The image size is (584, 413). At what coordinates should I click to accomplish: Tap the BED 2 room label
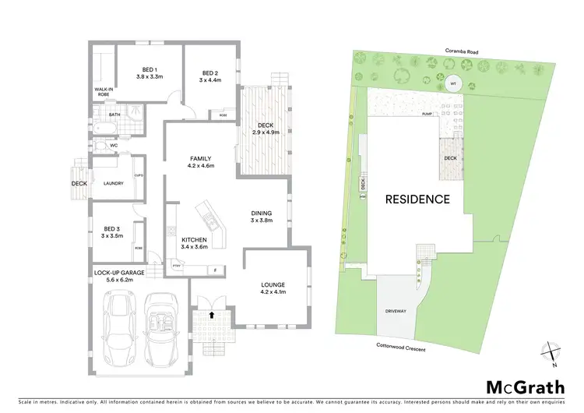[x=207, y=73]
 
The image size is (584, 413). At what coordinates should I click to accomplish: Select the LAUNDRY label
[x=114, y=183]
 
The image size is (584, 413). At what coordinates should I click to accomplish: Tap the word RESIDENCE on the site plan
[x=418, y=199]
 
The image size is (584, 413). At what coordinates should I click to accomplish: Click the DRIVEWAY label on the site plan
[x=397, y=311]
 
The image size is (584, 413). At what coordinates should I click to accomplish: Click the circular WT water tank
[x=453, y=84]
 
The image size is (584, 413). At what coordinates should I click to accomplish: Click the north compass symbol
[x=550, y=351]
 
